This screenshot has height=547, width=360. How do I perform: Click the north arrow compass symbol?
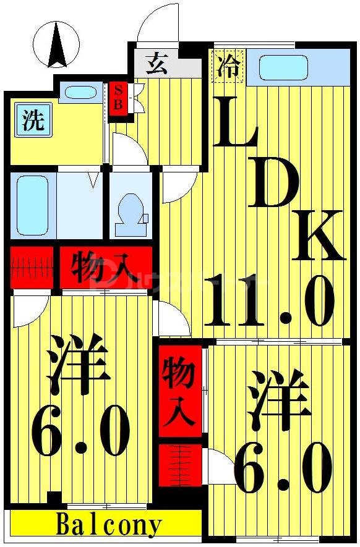(58, 45)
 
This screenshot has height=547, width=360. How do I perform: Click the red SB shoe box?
(118, 98)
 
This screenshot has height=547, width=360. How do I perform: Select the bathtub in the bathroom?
(33, 205)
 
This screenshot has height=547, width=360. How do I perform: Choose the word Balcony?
(109, 524)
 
